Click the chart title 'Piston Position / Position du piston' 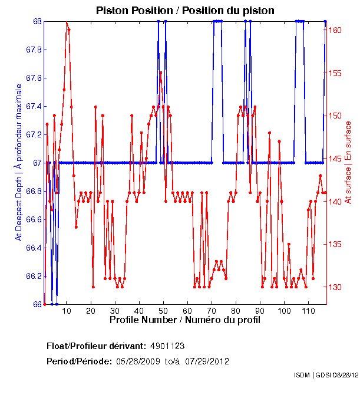point(185,11)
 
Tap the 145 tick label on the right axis point(336,159)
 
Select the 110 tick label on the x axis point(308,311)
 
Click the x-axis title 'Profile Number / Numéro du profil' point(184,320)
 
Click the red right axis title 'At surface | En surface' point(348,162)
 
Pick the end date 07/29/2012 point(207,361)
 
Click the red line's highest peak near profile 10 point(67,22)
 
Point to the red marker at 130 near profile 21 point(93,287)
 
